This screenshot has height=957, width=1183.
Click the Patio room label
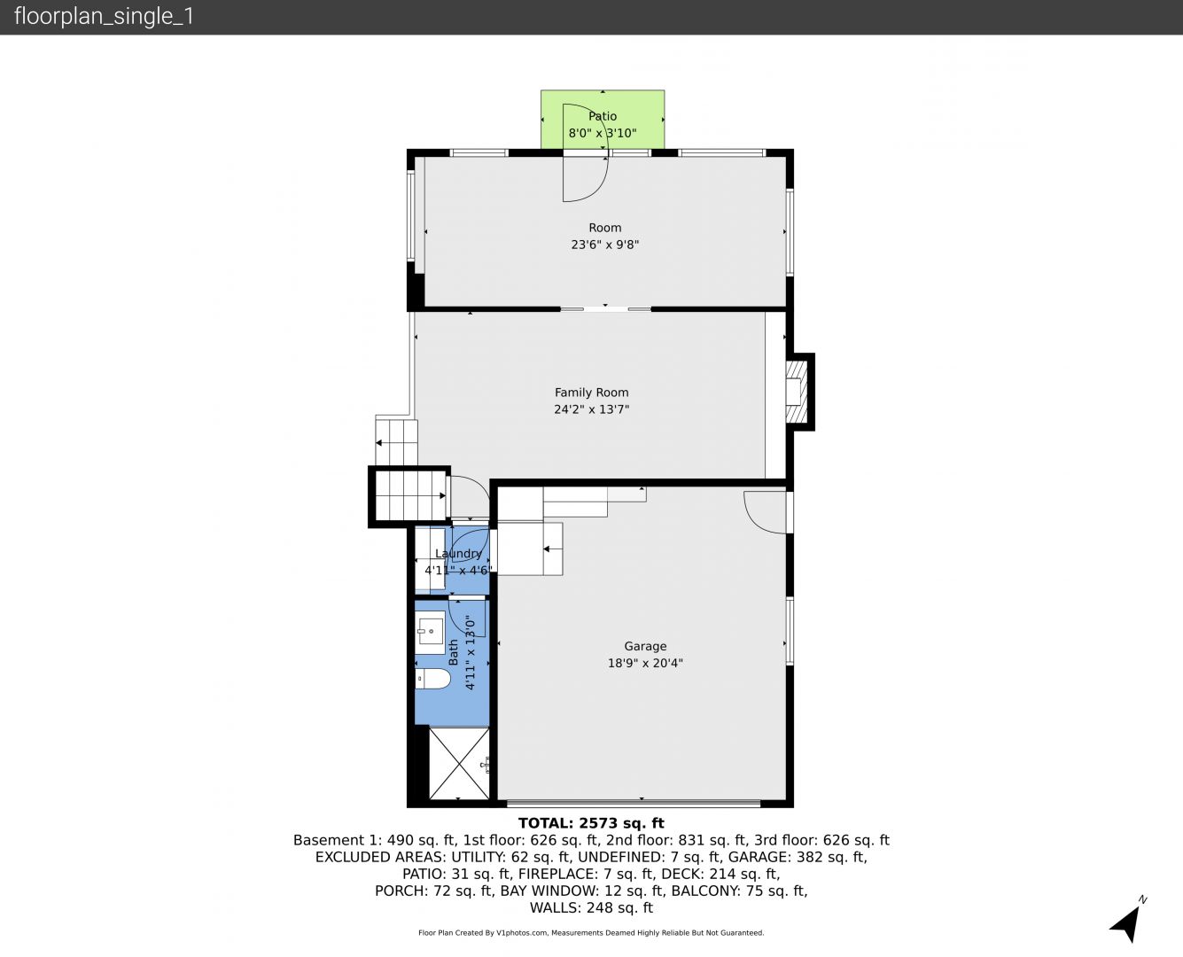pyautogui.click(x=603, y=116)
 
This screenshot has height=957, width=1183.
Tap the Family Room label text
pyautogui.click(x=592, y=393)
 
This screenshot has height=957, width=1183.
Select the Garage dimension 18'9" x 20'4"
pyautogui.click(x=645, y=663)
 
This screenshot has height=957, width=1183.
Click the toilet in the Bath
pyautogui.click(x=432, y=679)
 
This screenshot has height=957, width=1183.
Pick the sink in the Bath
pyautogui.click(x=431, y=629)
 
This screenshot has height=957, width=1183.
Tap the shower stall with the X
pyautogui.click(x=459, y=764)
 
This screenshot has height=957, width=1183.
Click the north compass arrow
pyautogui.click(x=1127, y=923)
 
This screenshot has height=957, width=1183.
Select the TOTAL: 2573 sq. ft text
pyautogui.click(x=591, y=823)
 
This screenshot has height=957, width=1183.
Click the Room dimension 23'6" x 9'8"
pyautogui.click(x=605, y=245)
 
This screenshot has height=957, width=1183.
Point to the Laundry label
pyautogui.click(x=458, y=553)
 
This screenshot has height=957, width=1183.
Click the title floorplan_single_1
pyautogui.click(x=104, y=16)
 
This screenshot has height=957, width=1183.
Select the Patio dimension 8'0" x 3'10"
pyautogui.click(x=603, y=133)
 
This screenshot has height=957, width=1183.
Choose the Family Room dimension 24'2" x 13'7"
pyautogui.click(x=592, y=409)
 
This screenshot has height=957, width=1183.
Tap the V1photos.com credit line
pyautogui.click(x=591, y=933)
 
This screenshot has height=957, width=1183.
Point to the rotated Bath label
pyautogui.click(x=454, y=652)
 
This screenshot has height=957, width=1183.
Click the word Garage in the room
pyautogui.click(x=645, y=646)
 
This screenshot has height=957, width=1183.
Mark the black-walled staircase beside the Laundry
pyautogui.click(x=409, y=496)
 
